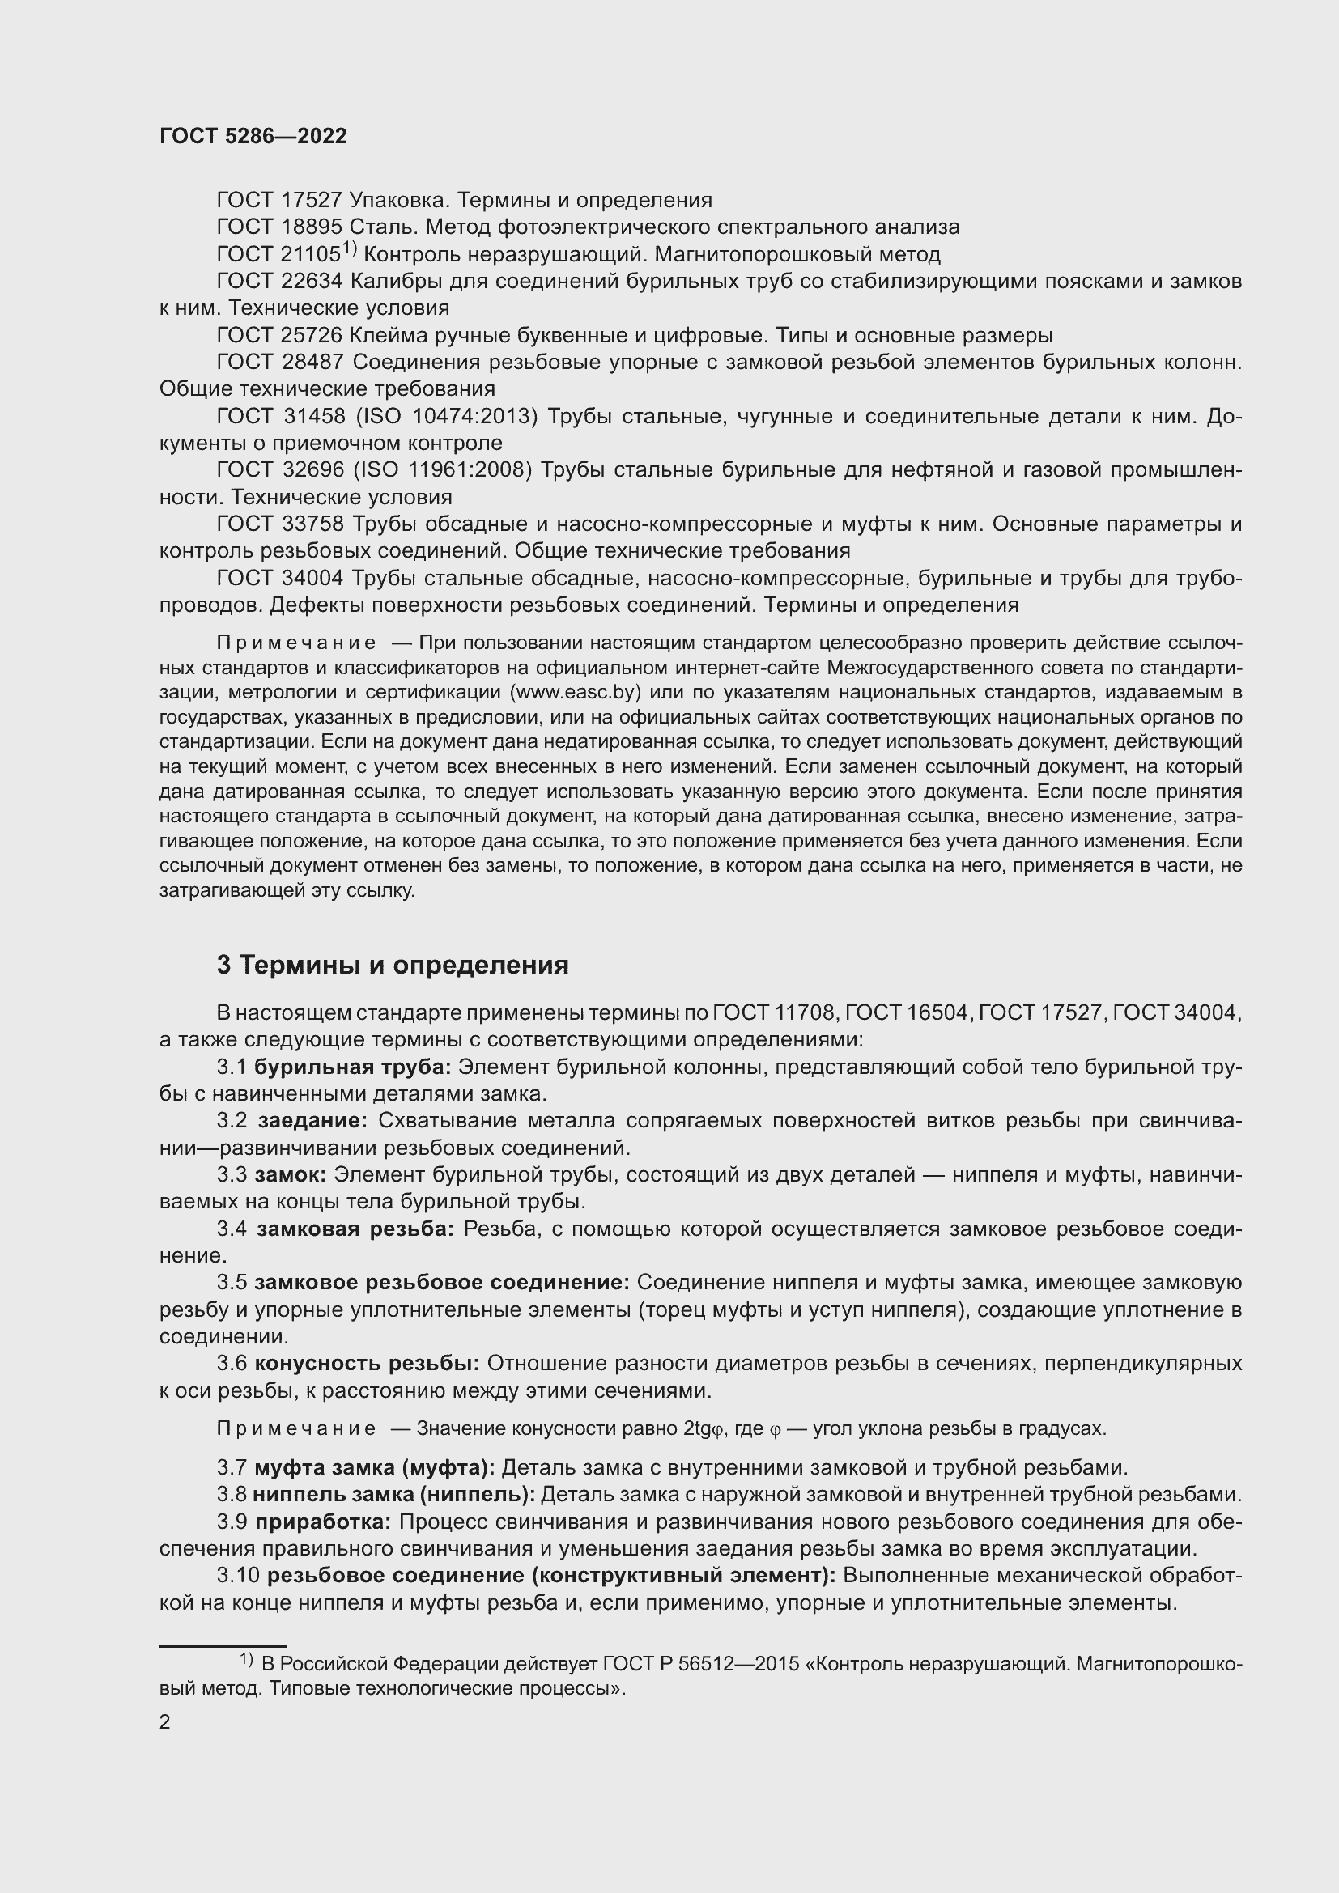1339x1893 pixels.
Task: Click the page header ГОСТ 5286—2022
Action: [253, 137]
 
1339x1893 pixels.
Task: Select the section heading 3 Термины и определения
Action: [393, 966]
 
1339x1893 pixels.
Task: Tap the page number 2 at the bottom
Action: [165, 1721]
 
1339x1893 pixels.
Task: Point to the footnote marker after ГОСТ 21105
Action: [350, 248]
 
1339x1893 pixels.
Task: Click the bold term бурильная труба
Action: [352, 1067]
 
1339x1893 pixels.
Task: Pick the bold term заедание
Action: [312, 1121]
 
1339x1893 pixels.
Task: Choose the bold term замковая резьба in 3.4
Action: [355, 1229]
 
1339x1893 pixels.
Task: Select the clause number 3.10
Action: [238, 1576]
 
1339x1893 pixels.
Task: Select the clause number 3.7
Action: [232, 1467]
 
